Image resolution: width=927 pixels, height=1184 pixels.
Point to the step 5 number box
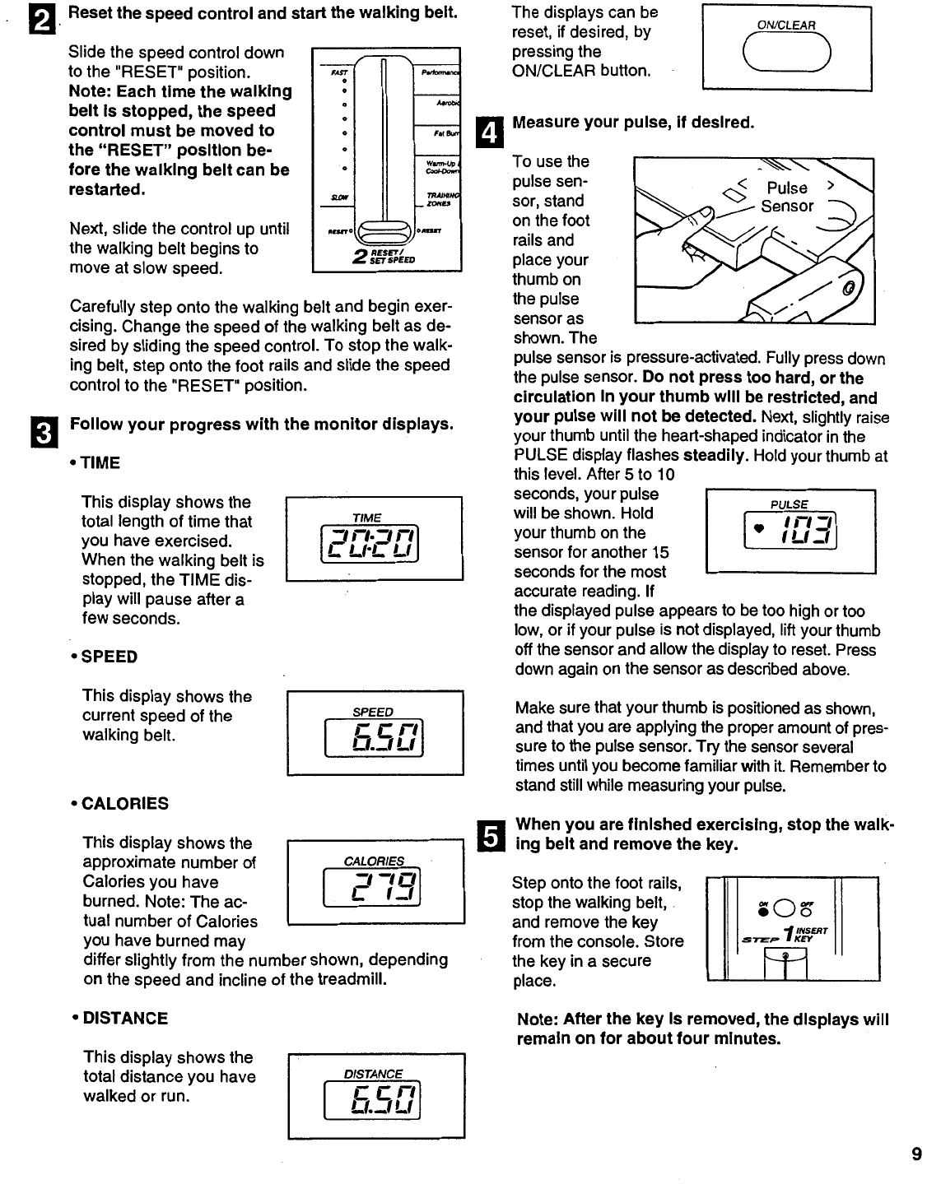(x=489, y=836)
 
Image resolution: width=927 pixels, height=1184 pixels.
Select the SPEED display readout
(x=375, y=740)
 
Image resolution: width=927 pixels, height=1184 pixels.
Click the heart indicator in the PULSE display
(x=758, y=527)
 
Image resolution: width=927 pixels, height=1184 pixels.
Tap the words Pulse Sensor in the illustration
(x=786, y=197)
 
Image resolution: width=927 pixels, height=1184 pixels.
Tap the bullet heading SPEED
(x=109, y=657)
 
